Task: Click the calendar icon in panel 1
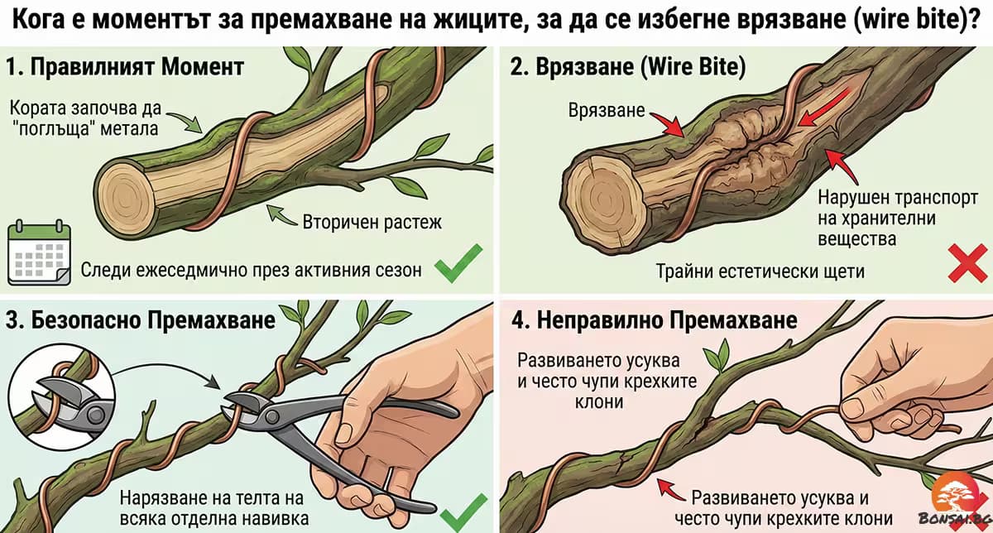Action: click(x=38, y=253)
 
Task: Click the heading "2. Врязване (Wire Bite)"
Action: click(x=627, y=67)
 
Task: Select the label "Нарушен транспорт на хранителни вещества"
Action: click(x=876, y=218)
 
